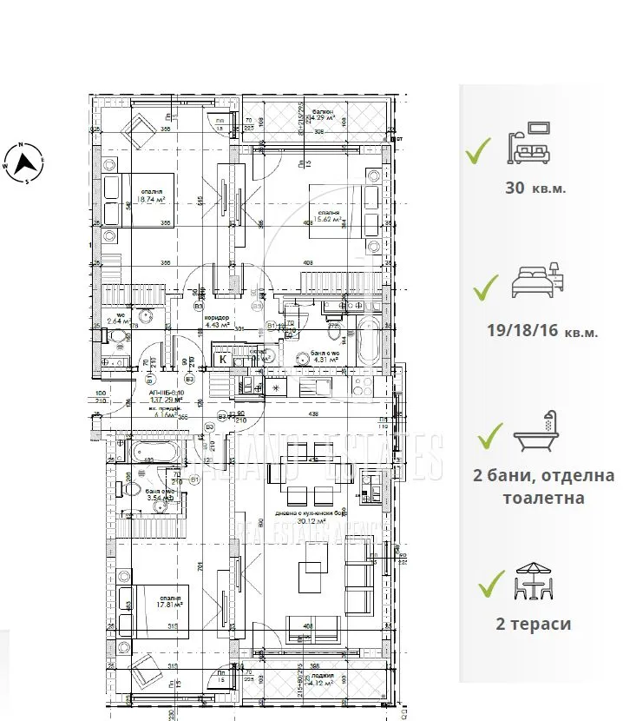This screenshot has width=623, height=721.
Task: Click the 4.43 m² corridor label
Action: tap(216, 322)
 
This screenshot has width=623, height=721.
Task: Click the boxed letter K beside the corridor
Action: tap(223, 359)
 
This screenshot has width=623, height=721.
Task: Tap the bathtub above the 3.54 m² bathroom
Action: tap(154, 450)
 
